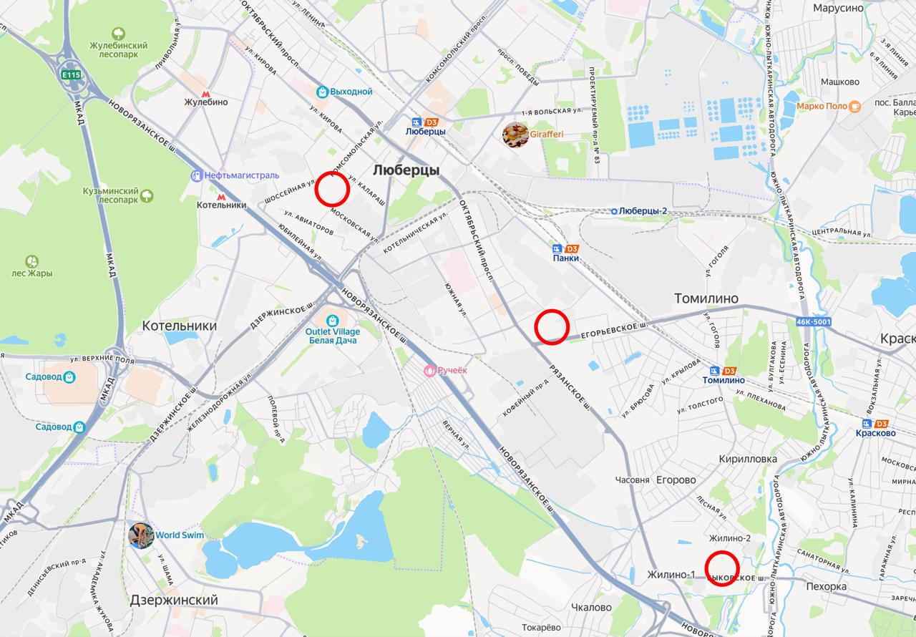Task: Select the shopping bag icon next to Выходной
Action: [323, 92]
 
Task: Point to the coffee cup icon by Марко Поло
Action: [854, 107]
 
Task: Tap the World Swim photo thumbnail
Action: [141, 535]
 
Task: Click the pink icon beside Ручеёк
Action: [430, 370]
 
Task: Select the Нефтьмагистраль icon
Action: [197, 175]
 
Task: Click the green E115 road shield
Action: [71, 74]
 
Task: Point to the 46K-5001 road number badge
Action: [813, 322]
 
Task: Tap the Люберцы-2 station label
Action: [643, 211]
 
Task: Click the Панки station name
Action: [565, 258]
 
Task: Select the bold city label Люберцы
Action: [406, 170]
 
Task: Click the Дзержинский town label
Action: [174, 600]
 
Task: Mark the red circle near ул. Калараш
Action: [332, 188]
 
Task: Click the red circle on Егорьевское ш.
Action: [552, 326]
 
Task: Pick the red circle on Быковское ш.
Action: [722, 569]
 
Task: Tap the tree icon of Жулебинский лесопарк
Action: [118, 34]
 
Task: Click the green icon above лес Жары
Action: [32, 262]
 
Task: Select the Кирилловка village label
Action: [748, 459]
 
